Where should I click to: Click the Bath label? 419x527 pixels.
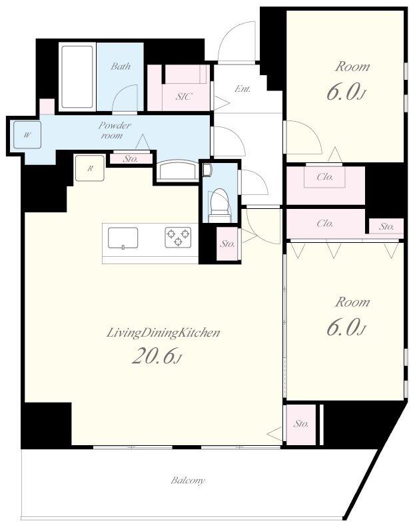121,67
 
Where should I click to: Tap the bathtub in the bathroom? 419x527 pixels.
77,77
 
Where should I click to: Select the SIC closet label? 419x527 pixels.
184,96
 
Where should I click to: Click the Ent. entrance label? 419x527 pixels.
242,89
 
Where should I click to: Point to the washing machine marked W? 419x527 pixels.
27,135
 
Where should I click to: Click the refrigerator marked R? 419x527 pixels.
89,168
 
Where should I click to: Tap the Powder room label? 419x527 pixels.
114,130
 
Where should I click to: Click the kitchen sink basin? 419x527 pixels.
123,238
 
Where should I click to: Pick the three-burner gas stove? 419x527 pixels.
178,238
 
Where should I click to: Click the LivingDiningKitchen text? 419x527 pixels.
163,333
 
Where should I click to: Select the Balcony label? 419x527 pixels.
187,480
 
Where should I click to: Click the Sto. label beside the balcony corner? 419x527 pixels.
301,424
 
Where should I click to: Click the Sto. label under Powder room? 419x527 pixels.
131,158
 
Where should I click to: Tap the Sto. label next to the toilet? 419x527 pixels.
228,244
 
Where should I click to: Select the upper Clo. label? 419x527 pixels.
325,176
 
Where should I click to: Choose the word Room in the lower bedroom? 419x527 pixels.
352,302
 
